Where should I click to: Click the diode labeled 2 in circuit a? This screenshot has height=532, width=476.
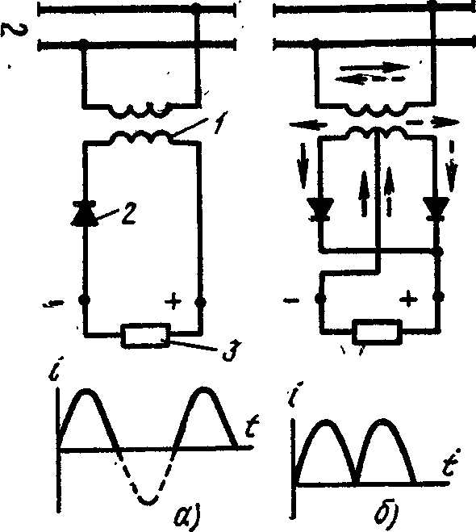pyautogui.click(x=84, y=214)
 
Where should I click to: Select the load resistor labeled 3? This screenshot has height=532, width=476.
pyautogui.click(x=146, y=336)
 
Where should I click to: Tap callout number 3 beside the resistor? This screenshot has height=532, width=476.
pyautogui.click(x=232, y=350)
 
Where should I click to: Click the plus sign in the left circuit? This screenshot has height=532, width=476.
pyautogui.click(x=173, y=301)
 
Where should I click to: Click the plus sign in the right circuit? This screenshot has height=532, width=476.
pyautogui.click(x=408, y=299)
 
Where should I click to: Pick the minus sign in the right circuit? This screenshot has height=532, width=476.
pyautogui.click(x=291, y=300)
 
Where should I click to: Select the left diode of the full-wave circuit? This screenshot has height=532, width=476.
pyautogui.click(x=320, y=210)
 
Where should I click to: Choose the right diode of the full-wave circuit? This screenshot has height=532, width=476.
pyautogui.click(x=436, y=209)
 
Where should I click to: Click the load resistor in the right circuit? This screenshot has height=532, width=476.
pyautogui.click(x=378, y=330)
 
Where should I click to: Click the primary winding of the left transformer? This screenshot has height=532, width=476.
pyautogui.click(x=139, y=109)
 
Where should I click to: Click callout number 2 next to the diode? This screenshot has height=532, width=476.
pyautogui.click(x=129, y=214)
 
